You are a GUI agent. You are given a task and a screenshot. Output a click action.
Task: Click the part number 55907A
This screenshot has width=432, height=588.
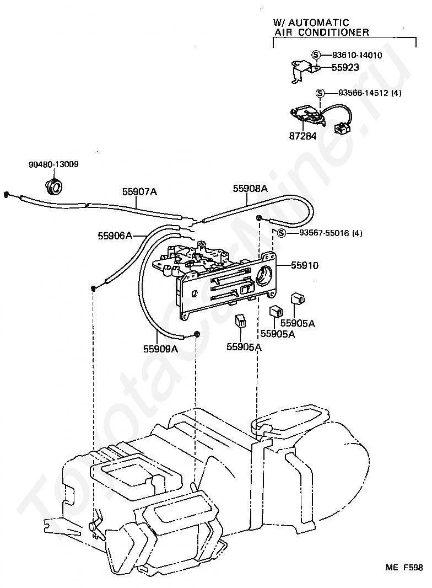(139, 192)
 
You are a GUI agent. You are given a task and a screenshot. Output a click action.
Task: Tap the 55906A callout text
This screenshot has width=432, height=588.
(115, 236)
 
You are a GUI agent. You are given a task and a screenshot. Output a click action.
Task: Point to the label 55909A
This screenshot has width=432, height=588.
(160, 349)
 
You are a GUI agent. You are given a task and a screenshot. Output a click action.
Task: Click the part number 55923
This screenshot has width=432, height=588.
(345, 68)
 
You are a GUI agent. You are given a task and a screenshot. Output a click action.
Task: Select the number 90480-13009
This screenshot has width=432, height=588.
(53, 164)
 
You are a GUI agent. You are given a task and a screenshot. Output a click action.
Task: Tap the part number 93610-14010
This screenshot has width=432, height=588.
(357, 55)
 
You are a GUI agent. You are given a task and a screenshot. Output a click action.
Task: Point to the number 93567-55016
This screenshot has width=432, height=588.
(323, 233)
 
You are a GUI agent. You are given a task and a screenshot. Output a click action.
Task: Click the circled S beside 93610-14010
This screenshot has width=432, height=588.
(316, 55)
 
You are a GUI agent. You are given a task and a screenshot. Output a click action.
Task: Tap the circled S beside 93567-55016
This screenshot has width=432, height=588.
(282, 233)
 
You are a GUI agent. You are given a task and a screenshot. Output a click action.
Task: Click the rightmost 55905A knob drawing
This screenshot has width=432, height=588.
(298, 298)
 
